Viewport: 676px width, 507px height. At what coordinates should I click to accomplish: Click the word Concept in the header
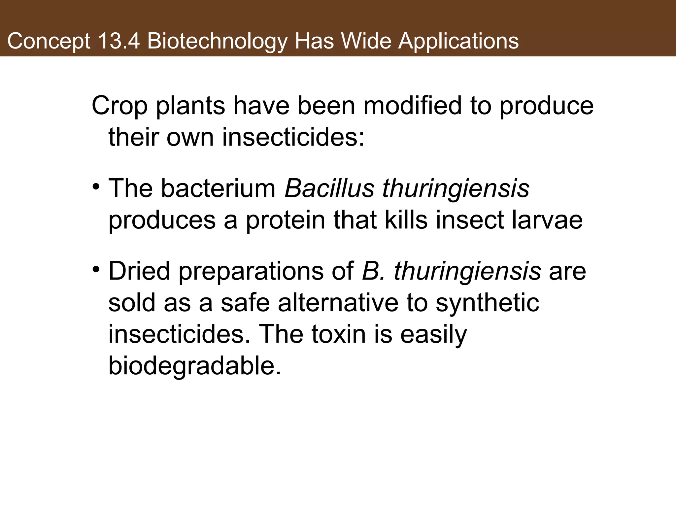pos(49,42)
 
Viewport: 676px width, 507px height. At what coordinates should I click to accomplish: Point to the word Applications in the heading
pos(458,42)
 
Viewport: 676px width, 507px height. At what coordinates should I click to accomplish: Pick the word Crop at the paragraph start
pos(119,106)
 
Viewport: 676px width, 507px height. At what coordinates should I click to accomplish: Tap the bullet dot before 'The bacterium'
pos(96,187)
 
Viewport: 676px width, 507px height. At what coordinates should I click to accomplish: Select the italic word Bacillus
pos(329,188)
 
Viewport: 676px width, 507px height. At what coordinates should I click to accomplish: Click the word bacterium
pos(219,188)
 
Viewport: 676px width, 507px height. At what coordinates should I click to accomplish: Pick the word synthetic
pos(488,303)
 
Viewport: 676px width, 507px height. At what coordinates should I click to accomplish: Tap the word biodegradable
pos(195,366)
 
